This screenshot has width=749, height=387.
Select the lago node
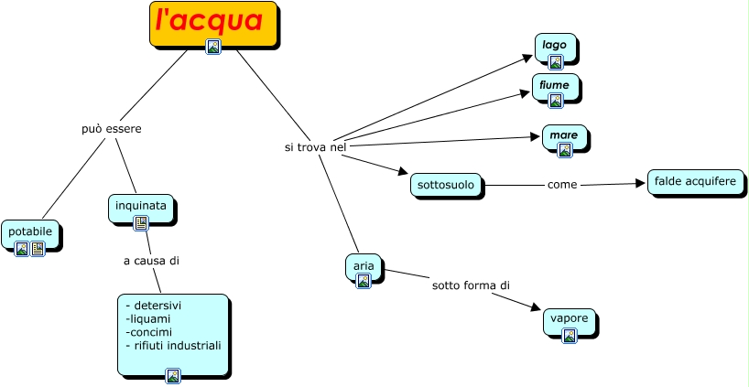coord(555,45)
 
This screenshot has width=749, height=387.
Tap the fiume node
coord(555,85)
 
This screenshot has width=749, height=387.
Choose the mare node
coord(564,135)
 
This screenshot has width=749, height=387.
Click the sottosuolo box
coord(446,185)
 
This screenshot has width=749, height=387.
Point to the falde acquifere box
coord(695,182)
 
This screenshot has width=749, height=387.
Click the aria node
coord(363,265)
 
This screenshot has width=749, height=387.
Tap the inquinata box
coord(141,206)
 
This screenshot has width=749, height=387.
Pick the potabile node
coord(31,232)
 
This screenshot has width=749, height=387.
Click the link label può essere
coord(111,129)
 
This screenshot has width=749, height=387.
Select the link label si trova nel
coord(316,146)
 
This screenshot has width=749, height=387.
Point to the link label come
coord(562,185)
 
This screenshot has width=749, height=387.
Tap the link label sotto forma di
coord(471,285)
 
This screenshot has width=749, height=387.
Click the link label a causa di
coord(151,261)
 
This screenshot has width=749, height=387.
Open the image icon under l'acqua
coord(213,47)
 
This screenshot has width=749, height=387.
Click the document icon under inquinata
coord(141,222)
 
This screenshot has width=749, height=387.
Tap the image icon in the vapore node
coord(570,336)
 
